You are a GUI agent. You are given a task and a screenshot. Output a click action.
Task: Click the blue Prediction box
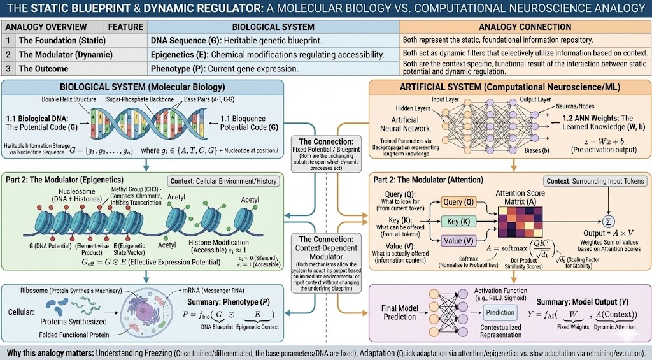(500, 312)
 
